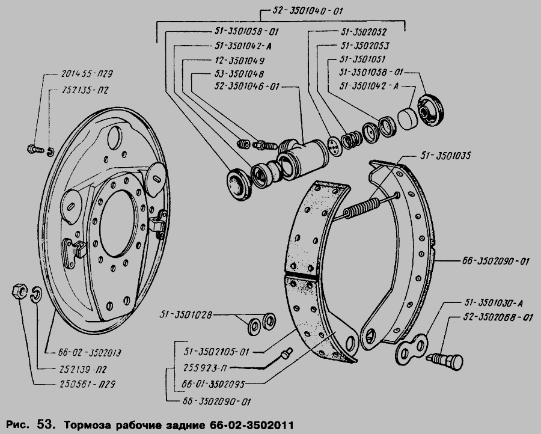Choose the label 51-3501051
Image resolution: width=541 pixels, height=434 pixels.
[362, 60]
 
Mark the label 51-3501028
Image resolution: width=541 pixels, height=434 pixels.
[186, 314]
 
